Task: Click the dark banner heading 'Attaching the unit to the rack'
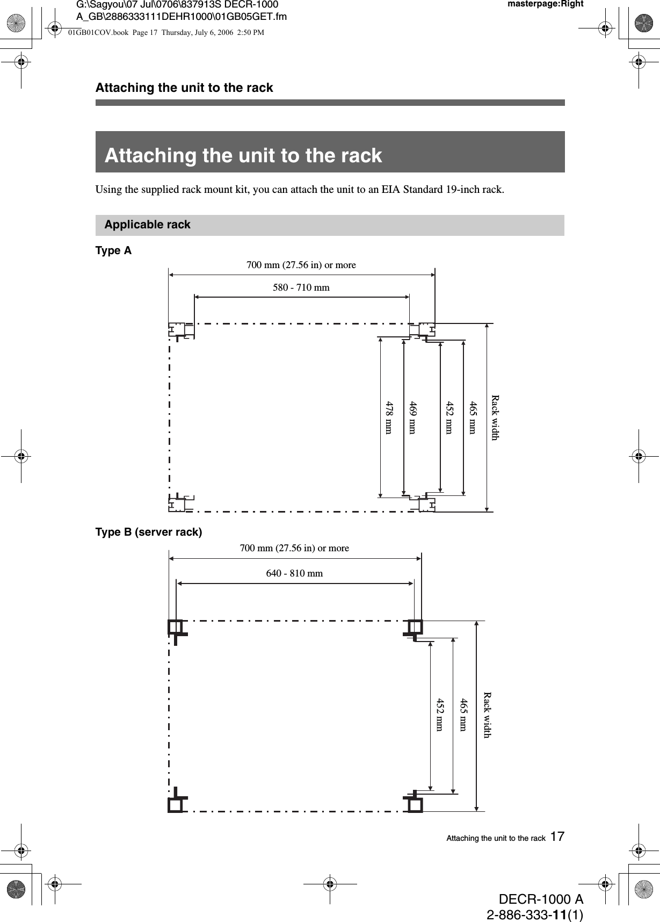(243, 155)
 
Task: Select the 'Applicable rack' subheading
(147, 225)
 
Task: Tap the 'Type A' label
(113, 250)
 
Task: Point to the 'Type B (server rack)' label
(149, 532)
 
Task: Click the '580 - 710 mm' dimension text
(301, 287)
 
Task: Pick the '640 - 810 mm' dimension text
(295, 573)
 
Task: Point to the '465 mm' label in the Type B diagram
(462, 714)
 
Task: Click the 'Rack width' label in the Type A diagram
(495, 417)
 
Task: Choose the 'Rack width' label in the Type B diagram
(487, 714)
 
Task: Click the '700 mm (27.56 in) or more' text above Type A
(301, 265)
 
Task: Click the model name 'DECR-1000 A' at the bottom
(541, 899)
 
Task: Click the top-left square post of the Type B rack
(175, 626)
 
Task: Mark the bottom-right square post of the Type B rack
(415, 804)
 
